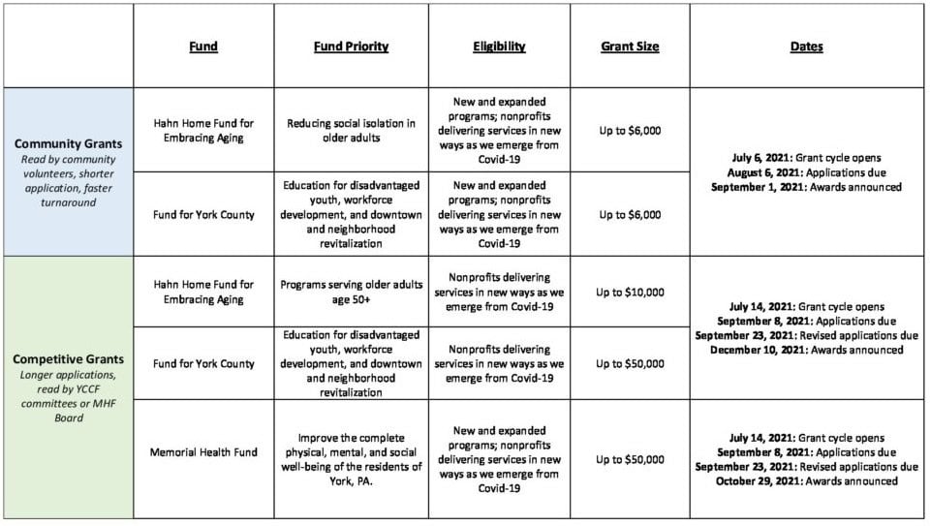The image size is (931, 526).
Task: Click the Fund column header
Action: click(x=203, y=46)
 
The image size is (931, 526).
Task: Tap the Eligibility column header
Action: click(x=499, y=46)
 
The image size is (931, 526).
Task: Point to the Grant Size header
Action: click(x=630, y=46)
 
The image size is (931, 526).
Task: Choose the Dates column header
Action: click(x=806, y=46)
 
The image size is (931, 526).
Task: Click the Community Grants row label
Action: click(x=68, y=143)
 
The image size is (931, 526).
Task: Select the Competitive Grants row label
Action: click(x=68, y=358)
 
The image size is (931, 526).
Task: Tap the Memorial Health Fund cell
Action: click(x=203, y=452)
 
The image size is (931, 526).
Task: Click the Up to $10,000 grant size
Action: click(x=630, y=292)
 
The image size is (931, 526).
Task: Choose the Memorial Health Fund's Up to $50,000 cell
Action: click(x=630, y=459)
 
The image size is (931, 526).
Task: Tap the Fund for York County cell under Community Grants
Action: click(x=203, y=214)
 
